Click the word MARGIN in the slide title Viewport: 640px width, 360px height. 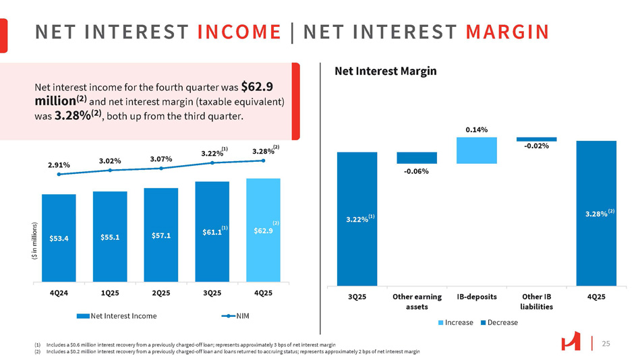(x=506, y=32)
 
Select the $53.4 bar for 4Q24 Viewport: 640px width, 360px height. (x=59, y=237)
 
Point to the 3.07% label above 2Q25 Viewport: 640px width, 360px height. (x=161, y=158)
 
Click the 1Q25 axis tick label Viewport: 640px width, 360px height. (x=110, y=293)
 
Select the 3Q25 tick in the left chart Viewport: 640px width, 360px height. (x=212, y=293)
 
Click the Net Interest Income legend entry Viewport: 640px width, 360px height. (x=122, y=316)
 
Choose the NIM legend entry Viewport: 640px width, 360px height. (x=239, y=316)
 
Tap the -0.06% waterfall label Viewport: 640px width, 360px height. (x=416, y=172)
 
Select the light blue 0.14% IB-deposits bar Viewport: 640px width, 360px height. (x=476, y=150)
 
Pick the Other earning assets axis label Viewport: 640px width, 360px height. (x=416, y=301)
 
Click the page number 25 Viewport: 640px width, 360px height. (x=605, y=344)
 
